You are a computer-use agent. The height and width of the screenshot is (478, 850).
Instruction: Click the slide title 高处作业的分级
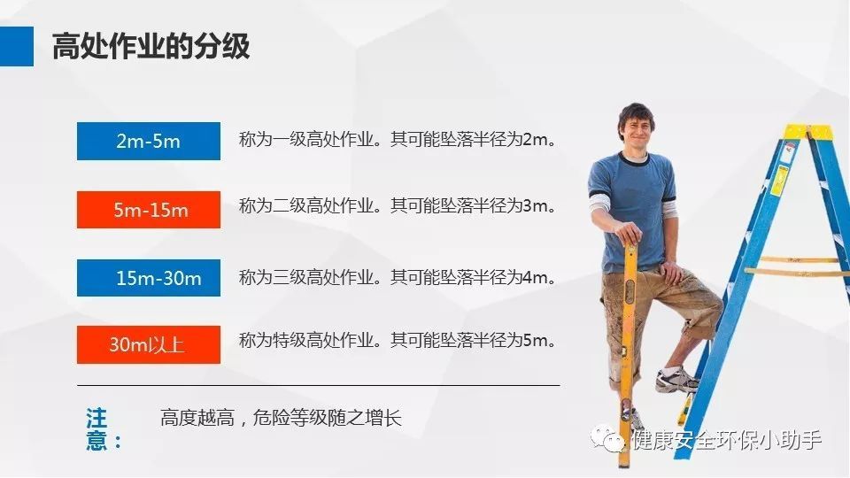pos(151,46)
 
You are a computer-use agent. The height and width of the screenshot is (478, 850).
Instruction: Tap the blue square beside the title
pos(16,46)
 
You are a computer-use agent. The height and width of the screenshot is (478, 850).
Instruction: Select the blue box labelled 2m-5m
pos(148,141)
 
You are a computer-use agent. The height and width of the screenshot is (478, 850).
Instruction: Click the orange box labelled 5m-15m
pos(148,210)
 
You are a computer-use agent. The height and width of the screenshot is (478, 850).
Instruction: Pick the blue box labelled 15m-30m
pos(148,278)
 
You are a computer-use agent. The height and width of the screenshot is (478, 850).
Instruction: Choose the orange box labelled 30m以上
pos(148,344)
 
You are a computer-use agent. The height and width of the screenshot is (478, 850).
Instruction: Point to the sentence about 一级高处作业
pos(400,140)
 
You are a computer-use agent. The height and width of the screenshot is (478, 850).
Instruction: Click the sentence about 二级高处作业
pos(400,206)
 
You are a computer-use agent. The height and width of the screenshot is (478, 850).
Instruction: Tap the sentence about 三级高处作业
pos(400,277)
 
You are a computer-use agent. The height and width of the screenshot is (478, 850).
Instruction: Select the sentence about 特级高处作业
pos(400,340)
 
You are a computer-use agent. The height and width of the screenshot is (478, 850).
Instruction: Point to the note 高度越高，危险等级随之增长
pos(281,418)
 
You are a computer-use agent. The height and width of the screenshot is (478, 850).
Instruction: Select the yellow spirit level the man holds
pos(629,336)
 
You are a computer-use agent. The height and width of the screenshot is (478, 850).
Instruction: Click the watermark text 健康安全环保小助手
pos(726,439)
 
